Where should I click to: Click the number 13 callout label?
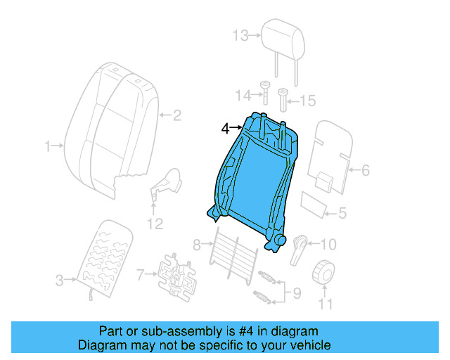(241, 34)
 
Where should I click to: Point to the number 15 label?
(308, 101)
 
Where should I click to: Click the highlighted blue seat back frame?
(253, 179)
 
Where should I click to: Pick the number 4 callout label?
(225, 128)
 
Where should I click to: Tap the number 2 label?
(177, 115)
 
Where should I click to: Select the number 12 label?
(154, 224)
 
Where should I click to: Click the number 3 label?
(60, 281)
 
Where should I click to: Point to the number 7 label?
(140, 274)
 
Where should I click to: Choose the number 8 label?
(198, 245)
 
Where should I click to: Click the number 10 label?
(328, 245)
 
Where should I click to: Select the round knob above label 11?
(325, 270)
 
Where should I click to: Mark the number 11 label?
(324, 304)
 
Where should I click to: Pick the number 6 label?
(365, 169)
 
